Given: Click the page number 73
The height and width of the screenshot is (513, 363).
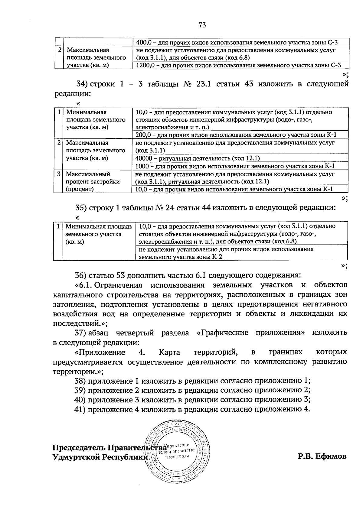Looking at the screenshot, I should pos(202,25).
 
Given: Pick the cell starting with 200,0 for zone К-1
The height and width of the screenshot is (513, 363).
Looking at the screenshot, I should pos(236,135).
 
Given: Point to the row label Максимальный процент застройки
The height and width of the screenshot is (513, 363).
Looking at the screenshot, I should pos(93,181).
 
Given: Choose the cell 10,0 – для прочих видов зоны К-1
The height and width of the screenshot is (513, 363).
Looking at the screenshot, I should pos(234,189).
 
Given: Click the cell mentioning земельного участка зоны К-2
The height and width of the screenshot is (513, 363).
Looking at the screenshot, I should pos(226,253).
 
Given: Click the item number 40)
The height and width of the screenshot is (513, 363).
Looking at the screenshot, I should pos(80,400).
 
